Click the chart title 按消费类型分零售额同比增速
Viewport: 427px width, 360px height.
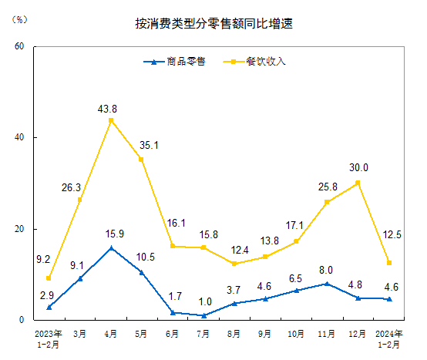click(x=213, y=24)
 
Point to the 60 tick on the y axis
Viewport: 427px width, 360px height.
click(x=20, y=46)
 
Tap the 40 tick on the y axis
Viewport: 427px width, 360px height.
click(x=20, y=138)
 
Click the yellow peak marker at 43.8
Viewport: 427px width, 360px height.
click(x=111, y=120)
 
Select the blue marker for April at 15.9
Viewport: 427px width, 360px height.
click(x=111, y=248)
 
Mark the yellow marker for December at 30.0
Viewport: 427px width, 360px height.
click(x=358, y=183)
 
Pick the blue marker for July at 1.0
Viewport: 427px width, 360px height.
click(x=203, y=315)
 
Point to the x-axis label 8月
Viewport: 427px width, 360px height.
click(x=234, y=334)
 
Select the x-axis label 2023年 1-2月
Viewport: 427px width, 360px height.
click(x=49, y=338)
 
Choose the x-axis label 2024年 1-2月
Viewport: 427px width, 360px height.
click(x=388, y=338)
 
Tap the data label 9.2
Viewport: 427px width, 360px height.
click(x=43, y=260)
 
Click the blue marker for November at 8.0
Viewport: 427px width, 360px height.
click(x=327, y=284)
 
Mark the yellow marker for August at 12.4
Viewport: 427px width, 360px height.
click(x=234, y=264)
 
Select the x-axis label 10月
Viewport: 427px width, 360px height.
click(x=296, y=334)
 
